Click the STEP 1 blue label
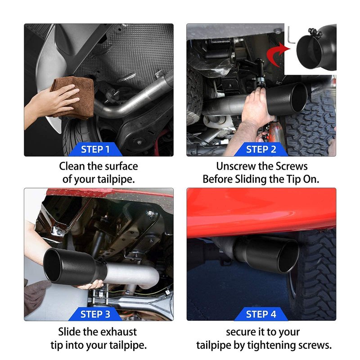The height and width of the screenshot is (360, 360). tap(95, 149)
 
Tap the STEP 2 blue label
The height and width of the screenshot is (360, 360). tap(261, 149)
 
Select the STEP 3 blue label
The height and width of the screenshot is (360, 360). tap(95, 314)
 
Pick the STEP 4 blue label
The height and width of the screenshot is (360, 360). tap(261, 314)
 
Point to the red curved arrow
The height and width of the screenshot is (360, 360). tap(277, 54)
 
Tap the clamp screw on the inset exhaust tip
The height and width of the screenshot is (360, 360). tap(314, 32)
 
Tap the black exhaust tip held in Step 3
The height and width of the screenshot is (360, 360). tap(73, 266)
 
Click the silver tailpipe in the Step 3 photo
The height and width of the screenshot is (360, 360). tap(131, 274)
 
